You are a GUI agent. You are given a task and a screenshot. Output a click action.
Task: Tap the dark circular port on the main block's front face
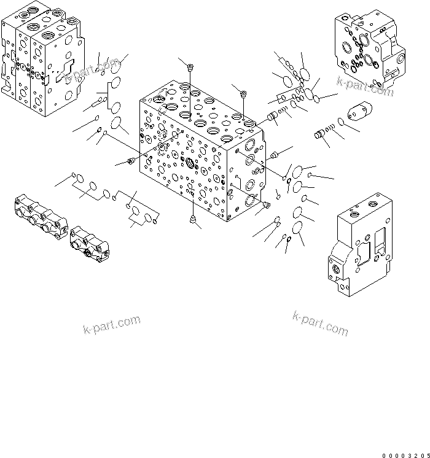tap(189, 164)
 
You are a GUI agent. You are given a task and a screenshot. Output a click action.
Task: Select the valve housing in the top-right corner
tap(368, 47)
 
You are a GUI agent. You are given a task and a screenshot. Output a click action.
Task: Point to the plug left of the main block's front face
tap(130, 161)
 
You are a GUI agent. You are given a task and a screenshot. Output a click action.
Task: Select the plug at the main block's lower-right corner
tap(266, 204)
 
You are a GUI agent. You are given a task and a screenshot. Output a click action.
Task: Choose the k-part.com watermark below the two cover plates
tap(112, 325)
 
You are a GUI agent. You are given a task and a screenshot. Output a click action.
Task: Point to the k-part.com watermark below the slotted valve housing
tap(321, 324)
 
